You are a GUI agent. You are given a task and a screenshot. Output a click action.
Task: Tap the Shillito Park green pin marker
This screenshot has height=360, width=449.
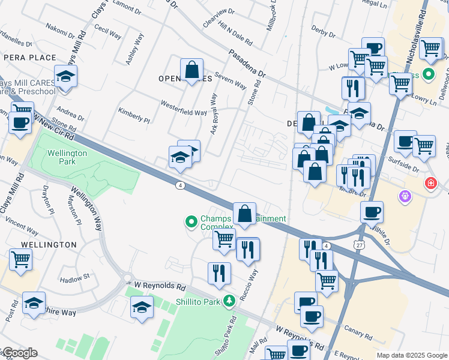pyautogui.click(x=228, y=301)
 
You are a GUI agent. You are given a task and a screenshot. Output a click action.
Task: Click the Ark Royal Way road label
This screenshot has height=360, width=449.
pyautogui.click(x=213, y=114)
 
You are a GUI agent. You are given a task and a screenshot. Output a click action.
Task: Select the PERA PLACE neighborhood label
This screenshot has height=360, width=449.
pyautogui.click(x=29, y=58)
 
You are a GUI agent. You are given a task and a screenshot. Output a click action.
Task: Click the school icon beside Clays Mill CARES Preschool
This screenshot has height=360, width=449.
pyautogui.click(x=65, y=77)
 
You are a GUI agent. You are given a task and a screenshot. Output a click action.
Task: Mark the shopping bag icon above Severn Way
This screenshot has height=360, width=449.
pyautogui.click(x=191, y=70)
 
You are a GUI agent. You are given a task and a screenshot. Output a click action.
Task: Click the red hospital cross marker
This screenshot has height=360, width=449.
pyautogui.click(x=430, y=183)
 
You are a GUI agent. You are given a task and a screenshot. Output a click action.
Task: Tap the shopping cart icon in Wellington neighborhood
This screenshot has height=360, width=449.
pyautogui.click(x=20, y=260)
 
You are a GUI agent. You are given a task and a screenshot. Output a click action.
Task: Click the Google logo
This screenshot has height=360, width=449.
pyautogui.click(x=19, y=353)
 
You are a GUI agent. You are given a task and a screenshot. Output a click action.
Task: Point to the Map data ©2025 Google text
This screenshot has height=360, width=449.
pyautogui.click(x=412, y=355)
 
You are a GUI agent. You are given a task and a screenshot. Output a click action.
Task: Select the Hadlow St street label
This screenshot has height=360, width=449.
pyautogui.click(x=74, y=277)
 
